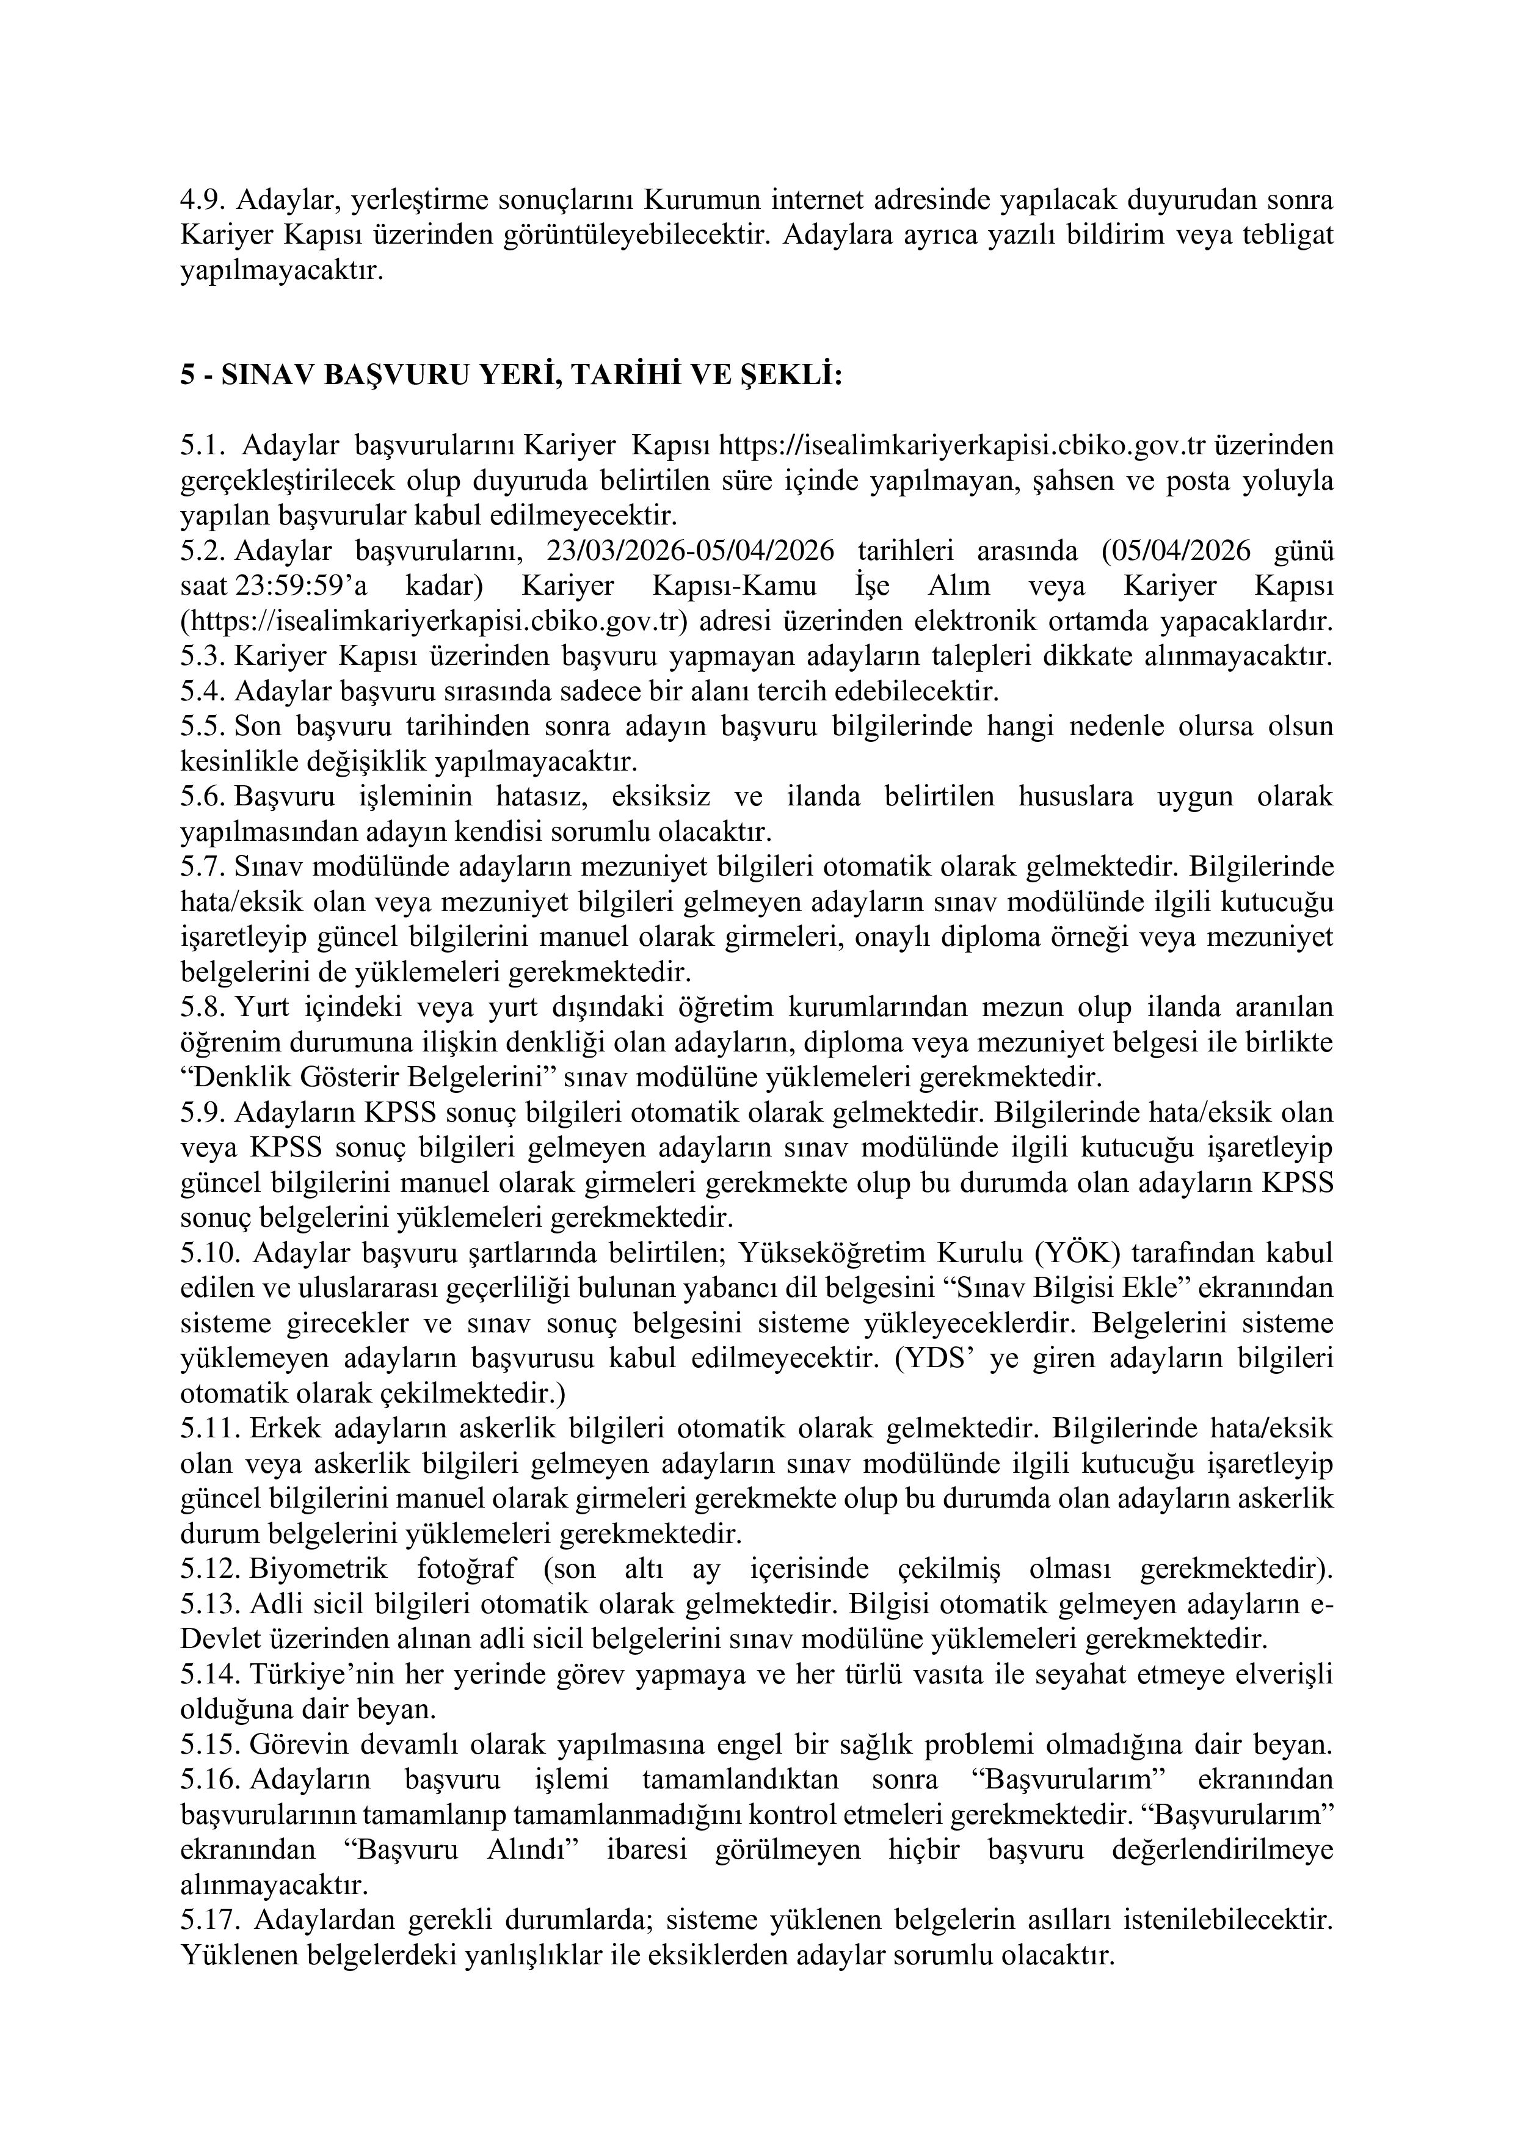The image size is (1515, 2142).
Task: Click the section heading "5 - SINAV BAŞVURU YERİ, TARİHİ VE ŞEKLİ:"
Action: [511, 376]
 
